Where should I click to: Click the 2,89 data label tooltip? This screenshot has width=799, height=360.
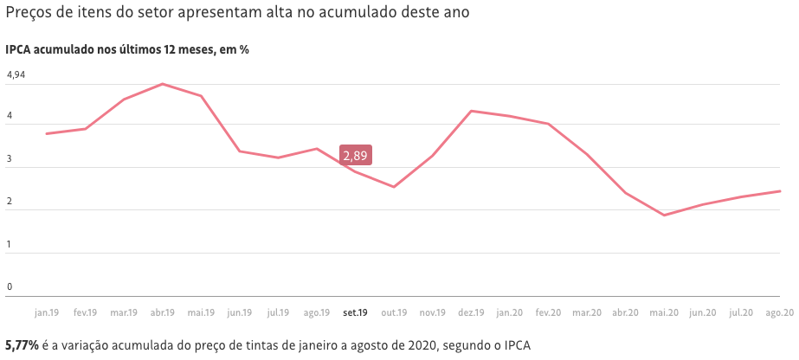356,156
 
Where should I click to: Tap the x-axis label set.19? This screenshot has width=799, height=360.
356,312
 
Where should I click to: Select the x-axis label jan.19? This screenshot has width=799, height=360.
47,312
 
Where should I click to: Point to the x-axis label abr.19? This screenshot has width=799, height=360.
163,312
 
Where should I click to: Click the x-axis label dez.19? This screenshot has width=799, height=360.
471,312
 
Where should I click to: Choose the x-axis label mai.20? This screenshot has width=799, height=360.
664,312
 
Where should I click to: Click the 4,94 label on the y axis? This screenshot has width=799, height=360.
16,75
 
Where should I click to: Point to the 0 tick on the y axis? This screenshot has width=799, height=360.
10,287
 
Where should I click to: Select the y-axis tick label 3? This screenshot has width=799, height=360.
10,160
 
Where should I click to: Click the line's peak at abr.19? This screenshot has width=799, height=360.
163,84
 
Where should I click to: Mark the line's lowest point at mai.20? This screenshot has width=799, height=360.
664,215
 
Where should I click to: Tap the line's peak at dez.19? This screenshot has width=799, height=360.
471,111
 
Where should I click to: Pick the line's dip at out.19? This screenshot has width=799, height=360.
394,187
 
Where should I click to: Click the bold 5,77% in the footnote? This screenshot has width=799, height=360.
22,344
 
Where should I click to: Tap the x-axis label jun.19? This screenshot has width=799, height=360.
240,312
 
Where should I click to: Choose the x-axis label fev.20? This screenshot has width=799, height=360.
548,312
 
